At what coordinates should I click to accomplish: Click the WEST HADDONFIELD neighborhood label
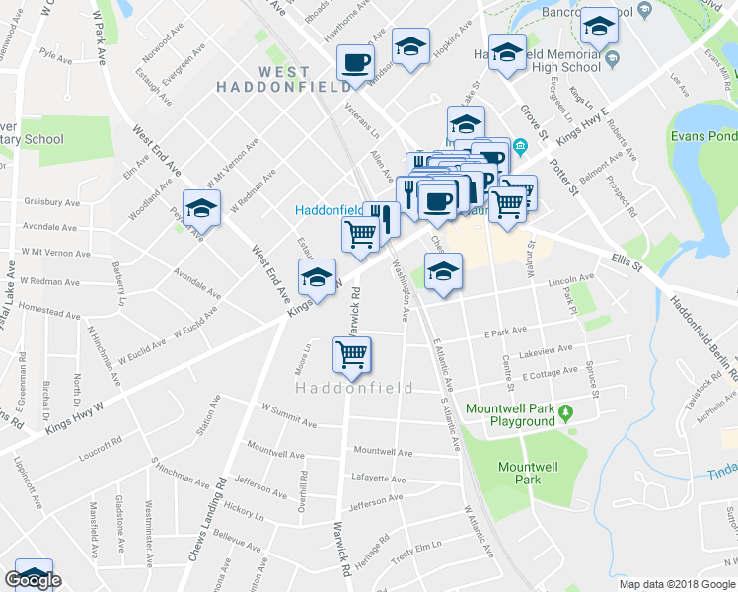(284, 79)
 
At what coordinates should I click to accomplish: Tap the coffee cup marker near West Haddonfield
(355, 62)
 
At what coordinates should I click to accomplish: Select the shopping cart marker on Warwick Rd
(352, 353)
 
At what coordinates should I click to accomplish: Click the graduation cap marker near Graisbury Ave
(201, 207)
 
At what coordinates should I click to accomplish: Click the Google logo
(33, 581)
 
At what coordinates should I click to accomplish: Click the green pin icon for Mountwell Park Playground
(565, 412)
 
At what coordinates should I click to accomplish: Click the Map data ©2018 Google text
(677, 584)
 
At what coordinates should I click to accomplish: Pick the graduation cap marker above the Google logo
(34, 573)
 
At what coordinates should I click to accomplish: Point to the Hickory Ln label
(245, 513)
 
